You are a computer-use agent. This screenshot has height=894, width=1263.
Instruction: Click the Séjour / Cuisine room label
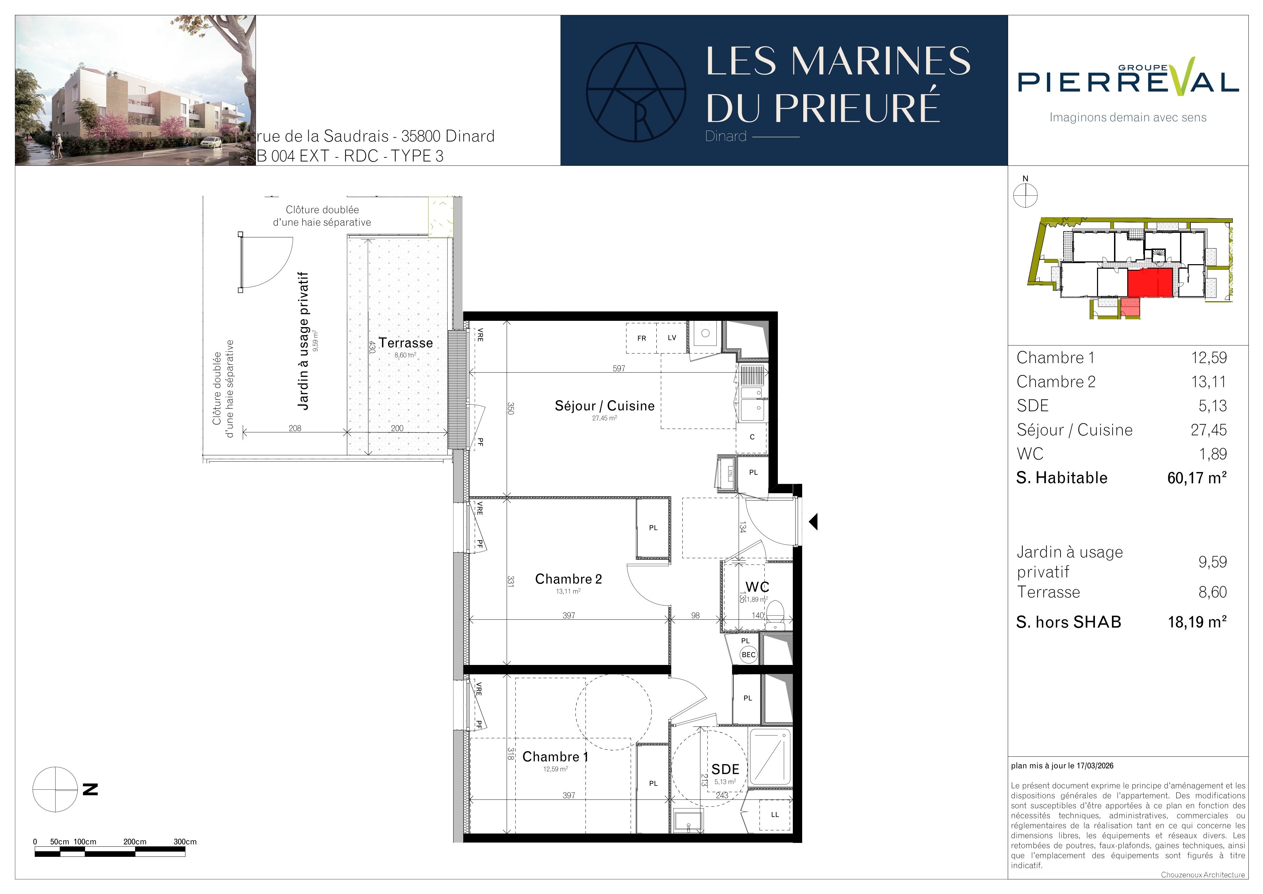(x=605, y=406)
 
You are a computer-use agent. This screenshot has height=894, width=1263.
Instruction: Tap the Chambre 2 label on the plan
(x=568, y=579)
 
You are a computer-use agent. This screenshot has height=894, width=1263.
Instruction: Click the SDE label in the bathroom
(x=725, y=769)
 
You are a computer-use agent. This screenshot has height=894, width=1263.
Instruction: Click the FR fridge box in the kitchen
(x=641, y=338)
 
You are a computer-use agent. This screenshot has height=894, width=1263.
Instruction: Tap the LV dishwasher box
(x=672, y=338)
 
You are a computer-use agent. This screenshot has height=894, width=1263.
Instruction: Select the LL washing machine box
(x=774, y=814)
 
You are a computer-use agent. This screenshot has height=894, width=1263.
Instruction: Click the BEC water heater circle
(x=749, y=655)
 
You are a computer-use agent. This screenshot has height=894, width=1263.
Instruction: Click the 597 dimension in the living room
(x=619, y=368)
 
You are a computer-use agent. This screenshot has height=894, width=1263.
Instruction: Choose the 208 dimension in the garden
(x=295, y=428)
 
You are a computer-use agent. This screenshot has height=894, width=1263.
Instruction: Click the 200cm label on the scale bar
(x=135, y=842)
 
